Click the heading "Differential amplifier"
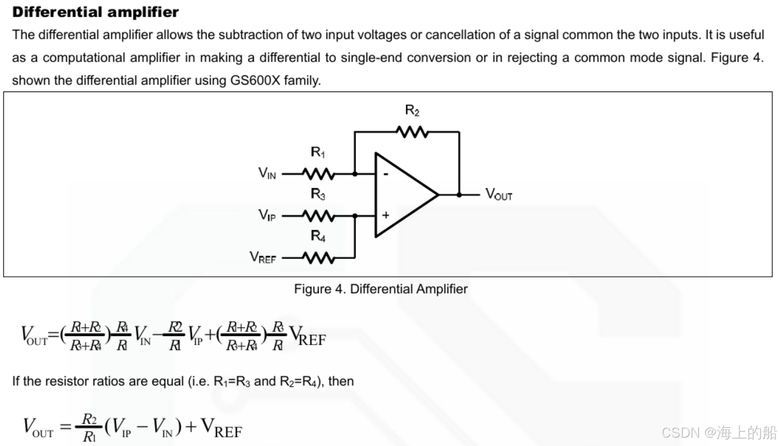pyautogui.click(x=95, y=12)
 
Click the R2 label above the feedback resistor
pyautogui.click(x=412, y=110)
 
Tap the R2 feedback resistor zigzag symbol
pyautogui.click(x=412, y=132)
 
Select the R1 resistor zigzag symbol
pyautogui.click(x=318, y=174)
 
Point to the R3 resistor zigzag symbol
pyautogui.click(x=318, y=215)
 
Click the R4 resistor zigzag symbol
pyautogui.click(x=318, y=257)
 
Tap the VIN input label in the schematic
pyautogui.click(x=267, y=173)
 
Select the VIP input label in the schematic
pyautogui.click(x=267, y=215)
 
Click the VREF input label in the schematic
pyautogui.click(x=263, y=257)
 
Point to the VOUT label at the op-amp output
pyautogui.click(x=499, y=194)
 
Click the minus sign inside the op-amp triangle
pyautogui.click(x=386, y=174)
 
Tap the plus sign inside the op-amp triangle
pyautogui.click(x=386, y=215)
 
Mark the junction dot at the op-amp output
pyautogui.click(x=459, y=195)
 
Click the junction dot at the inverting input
pyautogui.click(x=355, y=174)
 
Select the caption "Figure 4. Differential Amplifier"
pyautogui.click(x=381, y=289)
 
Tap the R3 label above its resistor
pyautogui.click(x=318, y=194)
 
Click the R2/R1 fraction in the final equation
pyautogui.click(x=89, y=427)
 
